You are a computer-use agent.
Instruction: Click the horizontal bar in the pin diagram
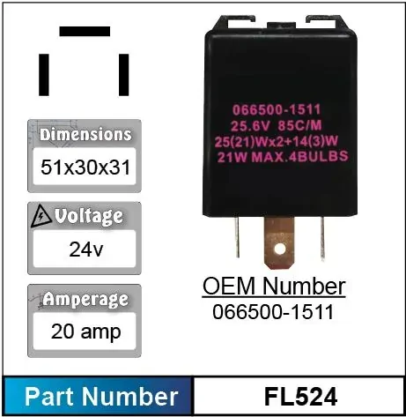coord(85,32)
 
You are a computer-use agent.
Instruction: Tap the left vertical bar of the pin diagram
coord(44,75)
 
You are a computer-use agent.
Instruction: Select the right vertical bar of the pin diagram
coord(123,75)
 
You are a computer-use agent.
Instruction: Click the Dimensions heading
coord(85,135)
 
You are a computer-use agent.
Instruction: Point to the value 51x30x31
coord(85,168)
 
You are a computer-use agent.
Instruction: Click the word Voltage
coord(89,217)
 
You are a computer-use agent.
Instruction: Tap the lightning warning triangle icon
coord(41,217)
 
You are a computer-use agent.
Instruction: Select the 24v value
coord(86,249)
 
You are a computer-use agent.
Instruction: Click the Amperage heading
coord(85,300)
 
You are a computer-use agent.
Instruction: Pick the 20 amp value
coord(85,331)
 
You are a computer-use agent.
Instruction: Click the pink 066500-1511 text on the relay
coord(277,110)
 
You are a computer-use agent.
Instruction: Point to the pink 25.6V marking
coord(250,126)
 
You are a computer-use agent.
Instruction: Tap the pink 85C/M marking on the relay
coord(299,126)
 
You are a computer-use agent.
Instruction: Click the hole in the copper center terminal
coord(279,249)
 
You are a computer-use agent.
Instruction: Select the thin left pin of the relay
coord(237,236)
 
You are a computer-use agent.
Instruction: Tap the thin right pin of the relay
coord(322,237)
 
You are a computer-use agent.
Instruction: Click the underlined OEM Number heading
coord(274,287)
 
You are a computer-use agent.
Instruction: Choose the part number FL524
coord(300,397)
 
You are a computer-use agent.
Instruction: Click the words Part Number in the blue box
coord(101,397)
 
